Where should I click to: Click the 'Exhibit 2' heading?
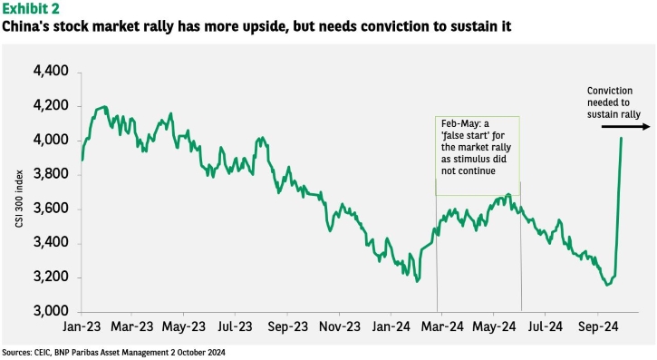(31, 8)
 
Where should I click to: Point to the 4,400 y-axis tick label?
(51, 71)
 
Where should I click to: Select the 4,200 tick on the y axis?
(51, 105)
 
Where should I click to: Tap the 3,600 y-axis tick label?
(51, 209)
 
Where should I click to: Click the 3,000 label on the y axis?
(51, 311)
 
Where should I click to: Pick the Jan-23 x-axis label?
(82, 326)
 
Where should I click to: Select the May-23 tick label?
(184, 326)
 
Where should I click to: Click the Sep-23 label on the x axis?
(288, 326)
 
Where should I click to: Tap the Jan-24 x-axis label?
(391, 326)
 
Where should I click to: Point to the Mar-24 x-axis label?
(442, 326)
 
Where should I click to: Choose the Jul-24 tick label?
(546, 326)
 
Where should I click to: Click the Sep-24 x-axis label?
(598, 326)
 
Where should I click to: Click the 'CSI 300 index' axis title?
(19, 199)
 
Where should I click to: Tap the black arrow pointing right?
(625, 126)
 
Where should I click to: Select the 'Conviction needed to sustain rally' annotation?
(614, 102)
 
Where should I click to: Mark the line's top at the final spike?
(621, 138)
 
